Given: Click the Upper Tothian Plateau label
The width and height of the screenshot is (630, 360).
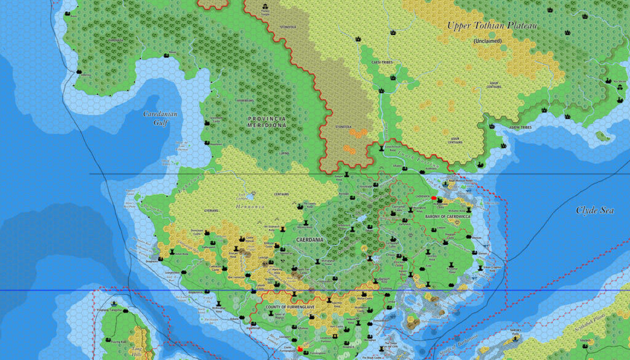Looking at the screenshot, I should tap(492, 26).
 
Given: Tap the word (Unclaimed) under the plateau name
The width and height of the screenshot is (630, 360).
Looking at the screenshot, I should tap(487, 41).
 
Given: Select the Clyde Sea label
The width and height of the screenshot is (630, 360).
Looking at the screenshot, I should tap(595, 210).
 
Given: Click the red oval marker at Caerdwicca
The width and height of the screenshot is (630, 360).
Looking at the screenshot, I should tap(434, 198).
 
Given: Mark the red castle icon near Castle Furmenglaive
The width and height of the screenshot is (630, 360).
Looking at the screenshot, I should tap(300, 349).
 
